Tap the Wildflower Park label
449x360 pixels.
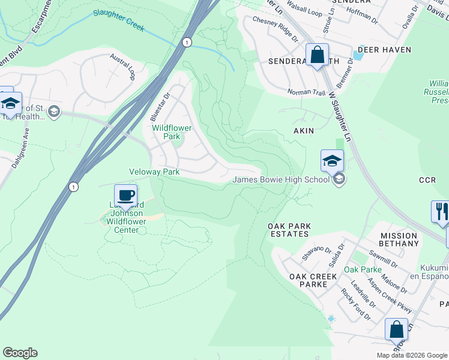pos(166,132)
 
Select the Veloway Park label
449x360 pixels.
pos(154,172)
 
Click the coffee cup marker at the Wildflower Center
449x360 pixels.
pos(125,196)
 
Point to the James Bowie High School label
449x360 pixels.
pos(281,179)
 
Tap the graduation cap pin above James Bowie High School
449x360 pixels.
pos(332,161)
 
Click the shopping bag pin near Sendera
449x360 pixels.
pos(317,55)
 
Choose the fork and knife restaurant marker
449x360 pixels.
pos(441,212)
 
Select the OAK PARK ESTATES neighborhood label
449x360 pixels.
pos(289,230)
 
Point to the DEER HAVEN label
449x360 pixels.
pos(384,50)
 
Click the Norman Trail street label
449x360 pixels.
pos(307,92)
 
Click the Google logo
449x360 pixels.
pos(20,353)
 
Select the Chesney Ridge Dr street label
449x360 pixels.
pos(275,29)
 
